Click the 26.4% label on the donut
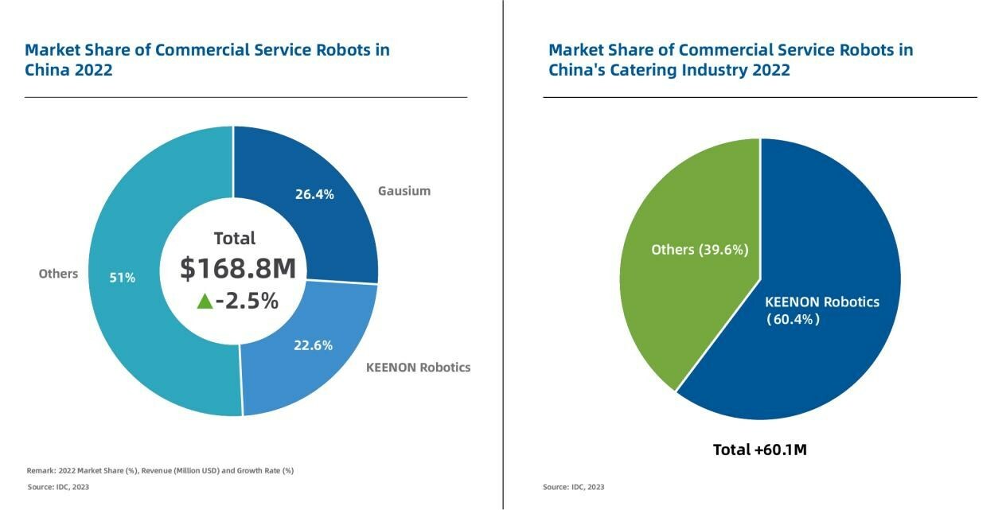pyautogui.click(x=314, y=194)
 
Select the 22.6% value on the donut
pyautogui.click(x=313, y=345)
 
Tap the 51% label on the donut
pyautogui.click(x=123, y=278)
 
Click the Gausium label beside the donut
pyautogui.click(x=404, y=191)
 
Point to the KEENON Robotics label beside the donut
pyautogui.click(x=418, y=368)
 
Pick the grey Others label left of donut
pyautogui.click(x=58, y=274)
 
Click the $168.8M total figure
pyautogui.click(x=237, y=268)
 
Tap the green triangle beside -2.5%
pyautogui.click(x=205, y=301)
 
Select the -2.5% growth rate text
pyautogui.click(x=247, y=301)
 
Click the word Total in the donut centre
pyautogui.click(x=235, y=238)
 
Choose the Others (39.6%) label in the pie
pyautogui.click(x=700, y=250)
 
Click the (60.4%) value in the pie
pyautogui.click(x=793, y=320)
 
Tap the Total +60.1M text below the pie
pyautogui.click(x=760, y=450)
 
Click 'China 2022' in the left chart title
pyautogui.click(x=68, y=70)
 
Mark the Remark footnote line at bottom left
pyautogui.click(x=160, y=470)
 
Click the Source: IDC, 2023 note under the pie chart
pyautogui.click(x=573, y=487)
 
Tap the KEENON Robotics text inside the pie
pyautogui.click(x=821, y=302)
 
